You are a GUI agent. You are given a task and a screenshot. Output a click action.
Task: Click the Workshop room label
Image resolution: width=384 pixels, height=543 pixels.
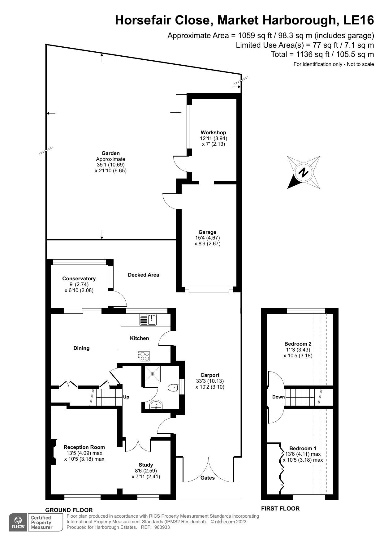point(213,133)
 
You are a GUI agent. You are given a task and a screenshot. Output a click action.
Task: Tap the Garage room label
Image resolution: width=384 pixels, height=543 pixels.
point(207,232)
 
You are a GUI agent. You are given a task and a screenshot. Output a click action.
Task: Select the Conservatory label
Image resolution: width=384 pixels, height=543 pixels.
point(79,278)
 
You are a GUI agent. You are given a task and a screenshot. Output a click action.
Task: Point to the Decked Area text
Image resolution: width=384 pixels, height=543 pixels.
point(144,275)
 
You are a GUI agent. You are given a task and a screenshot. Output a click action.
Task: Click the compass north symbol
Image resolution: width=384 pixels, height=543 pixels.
point(304,172)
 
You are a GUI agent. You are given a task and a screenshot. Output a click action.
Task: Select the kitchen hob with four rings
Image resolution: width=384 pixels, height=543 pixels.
point(144,356)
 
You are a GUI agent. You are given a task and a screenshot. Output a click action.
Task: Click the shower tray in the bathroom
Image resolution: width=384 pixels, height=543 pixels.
point(152,374)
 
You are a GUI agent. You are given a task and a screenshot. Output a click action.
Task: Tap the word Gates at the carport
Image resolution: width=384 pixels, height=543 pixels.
point(207,478)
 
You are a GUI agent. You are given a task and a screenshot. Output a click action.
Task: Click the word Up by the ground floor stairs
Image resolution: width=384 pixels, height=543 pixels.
point(126,397)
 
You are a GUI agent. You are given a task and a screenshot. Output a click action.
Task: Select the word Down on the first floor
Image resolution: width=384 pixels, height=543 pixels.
point(278,397)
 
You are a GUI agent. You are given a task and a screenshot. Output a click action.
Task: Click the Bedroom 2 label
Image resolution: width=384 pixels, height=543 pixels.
point(298,344)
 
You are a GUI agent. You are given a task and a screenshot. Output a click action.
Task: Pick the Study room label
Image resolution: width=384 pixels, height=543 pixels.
point(146,465)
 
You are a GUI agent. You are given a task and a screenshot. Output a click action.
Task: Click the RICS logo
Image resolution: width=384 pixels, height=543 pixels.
point(18,522)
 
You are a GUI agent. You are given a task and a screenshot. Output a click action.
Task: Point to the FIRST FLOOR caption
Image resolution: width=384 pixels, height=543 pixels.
point(280,508)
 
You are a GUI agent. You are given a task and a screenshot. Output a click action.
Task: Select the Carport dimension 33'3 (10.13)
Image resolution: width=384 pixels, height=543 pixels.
point(210,381)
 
